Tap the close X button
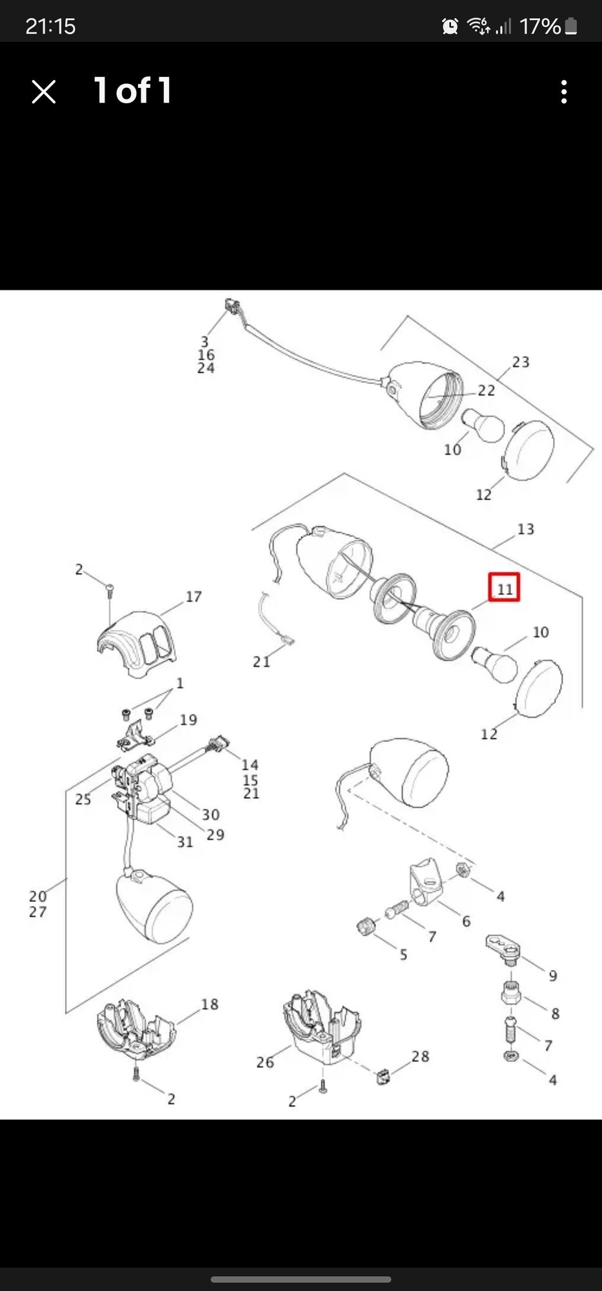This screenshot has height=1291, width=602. [44, 92]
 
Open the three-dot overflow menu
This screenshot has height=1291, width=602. [564, 92]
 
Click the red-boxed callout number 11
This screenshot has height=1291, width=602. [504, 588]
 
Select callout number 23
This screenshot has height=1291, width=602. [521, 362]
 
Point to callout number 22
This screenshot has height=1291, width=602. [487, 391]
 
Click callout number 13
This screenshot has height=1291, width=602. [525, 529]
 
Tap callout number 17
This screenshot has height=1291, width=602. [194, 597]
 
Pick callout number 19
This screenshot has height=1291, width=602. [188, 720]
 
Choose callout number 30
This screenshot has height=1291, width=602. [210, 815]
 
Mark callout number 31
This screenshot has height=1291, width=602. [185, 842]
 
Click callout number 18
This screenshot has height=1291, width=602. [210, 1004]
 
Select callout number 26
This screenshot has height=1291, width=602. [265, 1062]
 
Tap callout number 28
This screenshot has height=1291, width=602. [420, 1056]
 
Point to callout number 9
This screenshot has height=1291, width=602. [553, 976]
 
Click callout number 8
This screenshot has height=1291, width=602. [555, 1013]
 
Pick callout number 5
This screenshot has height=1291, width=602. [403, 955]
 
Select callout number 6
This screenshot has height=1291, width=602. [466, 921]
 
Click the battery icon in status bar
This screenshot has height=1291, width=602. [571, 26]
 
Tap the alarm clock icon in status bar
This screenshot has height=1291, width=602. [450, 26]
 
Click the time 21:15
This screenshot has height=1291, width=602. [50, 26]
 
